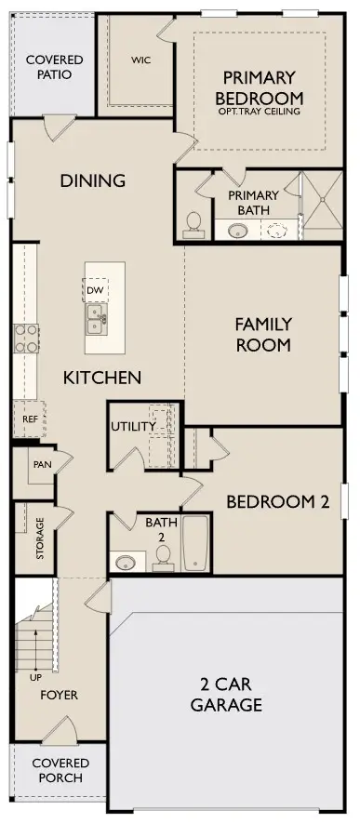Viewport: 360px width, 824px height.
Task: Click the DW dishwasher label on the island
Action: coord(95,290)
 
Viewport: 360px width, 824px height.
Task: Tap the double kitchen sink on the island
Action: coord(96,320)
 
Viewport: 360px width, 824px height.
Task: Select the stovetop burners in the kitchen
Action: coord(26,339)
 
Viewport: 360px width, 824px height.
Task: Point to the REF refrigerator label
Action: coord(29,419)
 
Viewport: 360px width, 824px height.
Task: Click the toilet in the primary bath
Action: coord(193,224)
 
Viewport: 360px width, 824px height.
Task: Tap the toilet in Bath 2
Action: coord(163,558)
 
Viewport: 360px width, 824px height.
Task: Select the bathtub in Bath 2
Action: coord(195,542)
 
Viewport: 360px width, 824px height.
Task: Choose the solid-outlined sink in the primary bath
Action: coord(238,231)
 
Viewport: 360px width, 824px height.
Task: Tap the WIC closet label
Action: coord(140,60)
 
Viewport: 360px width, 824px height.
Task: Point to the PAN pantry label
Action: coord(42,465)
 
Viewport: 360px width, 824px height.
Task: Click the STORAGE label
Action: coord(41,538)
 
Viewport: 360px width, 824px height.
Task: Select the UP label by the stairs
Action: coord(35,678)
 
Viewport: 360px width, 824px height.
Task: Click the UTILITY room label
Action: coord(134,426)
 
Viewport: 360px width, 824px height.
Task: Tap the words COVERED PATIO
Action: coord(55,67)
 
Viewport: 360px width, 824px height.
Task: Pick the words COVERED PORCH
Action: coord(60,770)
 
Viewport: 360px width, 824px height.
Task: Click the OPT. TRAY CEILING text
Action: coord(259,112)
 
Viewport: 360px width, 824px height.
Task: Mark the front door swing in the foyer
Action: coord(60,730)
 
